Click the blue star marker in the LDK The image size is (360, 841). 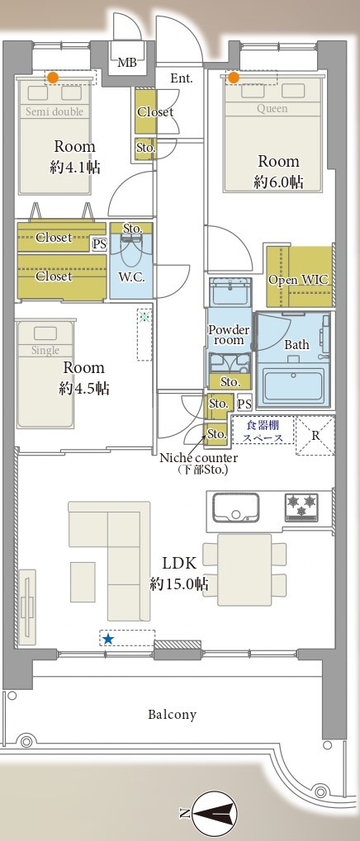point(108,639)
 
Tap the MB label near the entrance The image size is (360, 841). point(127,63)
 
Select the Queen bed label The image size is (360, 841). point(272,109)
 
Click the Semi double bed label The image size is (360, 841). point(54,111)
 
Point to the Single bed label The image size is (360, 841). point(45,350)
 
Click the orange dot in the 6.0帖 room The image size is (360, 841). point(233,78)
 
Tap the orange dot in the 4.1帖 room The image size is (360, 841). point(52,78)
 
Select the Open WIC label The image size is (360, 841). point(298,280)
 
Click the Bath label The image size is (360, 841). point(296,344)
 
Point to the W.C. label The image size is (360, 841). point(131,278)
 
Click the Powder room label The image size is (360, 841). point(229,335)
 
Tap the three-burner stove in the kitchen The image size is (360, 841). point(301,507)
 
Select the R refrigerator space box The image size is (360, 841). point(315,436)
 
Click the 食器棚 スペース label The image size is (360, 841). point(263,431)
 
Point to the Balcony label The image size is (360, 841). point(173,715)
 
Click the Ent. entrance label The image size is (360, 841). point(182,78)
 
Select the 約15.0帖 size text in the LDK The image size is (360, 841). point(179,584)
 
